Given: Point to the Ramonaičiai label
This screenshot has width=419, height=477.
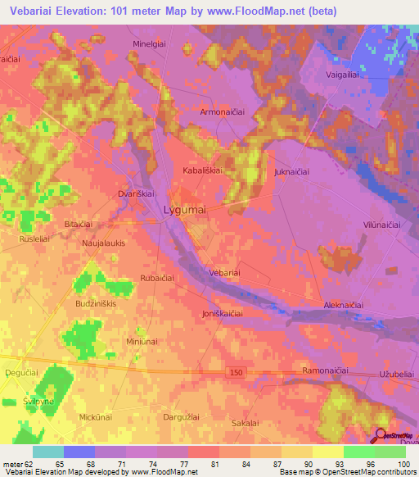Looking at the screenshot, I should [x=326, y=371].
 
